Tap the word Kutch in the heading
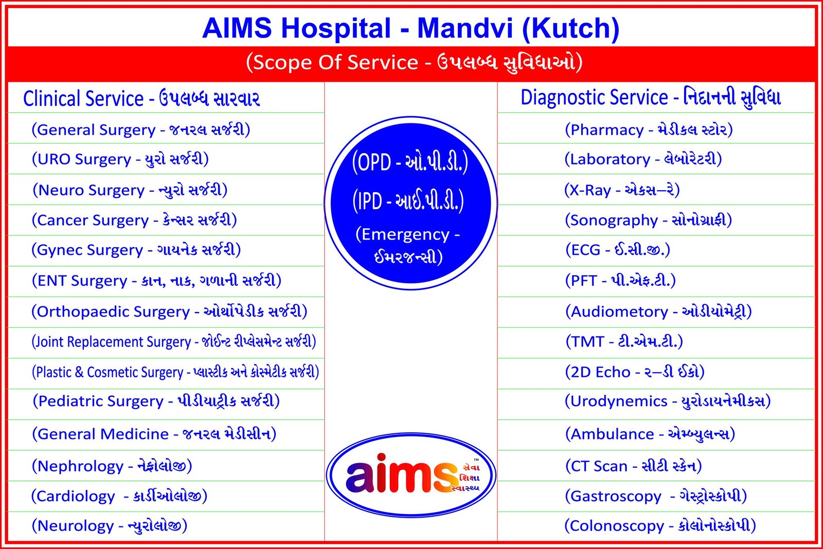click(570, 29)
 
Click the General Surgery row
click(141, 130)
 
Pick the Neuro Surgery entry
click(130, 190)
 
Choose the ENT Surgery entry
click(156, 281)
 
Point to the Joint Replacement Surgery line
click(173, 341)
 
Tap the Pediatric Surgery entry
click(156, 401)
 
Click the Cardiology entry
click(119, 496)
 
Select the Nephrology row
click(112, 466)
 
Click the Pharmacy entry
click(649, 130)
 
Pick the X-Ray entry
click(622, 190)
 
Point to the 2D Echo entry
click(635, 372)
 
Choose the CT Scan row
click(633, 466)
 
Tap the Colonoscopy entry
click(660, 525)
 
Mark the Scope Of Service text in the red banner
click(332, 62)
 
